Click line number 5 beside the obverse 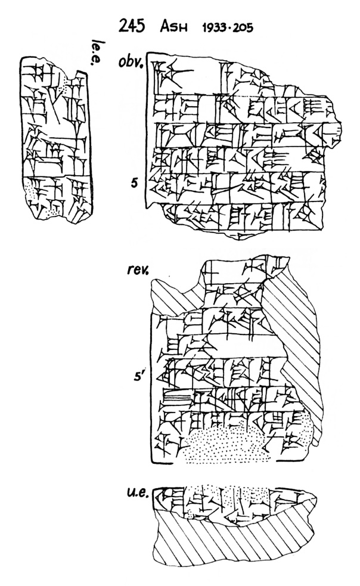(135, 183)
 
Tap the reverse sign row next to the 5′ (226, 373)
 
